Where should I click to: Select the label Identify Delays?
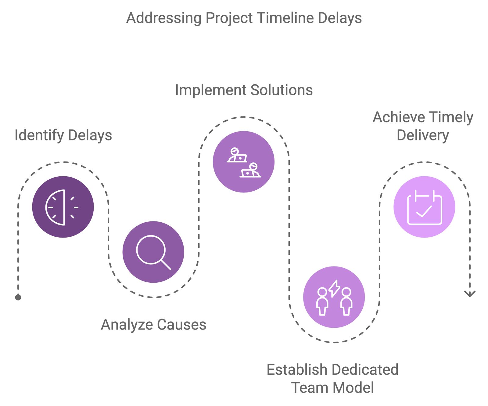pos(63,135)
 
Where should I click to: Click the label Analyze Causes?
pos(153,324)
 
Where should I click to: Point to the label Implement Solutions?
pos(244,90)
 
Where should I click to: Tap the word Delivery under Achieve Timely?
pos(423,135)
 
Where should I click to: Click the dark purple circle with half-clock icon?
pos(63,207)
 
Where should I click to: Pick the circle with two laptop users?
pos(243,162)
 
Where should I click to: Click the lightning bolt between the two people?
pos(335,288)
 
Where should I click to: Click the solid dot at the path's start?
pos(18,297)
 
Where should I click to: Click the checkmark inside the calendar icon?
pos(424,211)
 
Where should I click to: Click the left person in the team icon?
pos(322,301)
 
